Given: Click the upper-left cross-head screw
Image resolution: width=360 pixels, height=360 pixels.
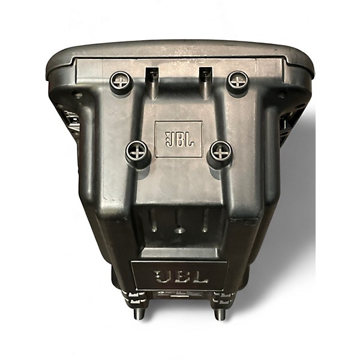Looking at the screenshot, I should [121, 80].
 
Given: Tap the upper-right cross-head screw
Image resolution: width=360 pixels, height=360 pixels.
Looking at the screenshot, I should [238, 80].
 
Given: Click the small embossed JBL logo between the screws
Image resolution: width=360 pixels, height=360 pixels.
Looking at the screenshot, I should [179, 139].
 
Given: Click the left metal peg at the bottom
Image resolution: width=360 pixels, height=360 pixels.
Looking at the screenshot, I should [139, 313].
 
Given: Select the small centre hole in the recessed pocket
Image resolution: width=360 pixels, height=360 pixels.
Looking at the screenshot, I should [179, 230].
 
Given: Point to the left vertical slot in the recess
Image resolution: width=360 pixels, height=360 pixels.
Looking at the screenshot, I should [154, 221].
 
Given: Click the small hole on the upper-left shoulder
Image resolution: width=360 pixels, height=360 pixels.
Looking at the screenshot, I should [78, 95].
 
